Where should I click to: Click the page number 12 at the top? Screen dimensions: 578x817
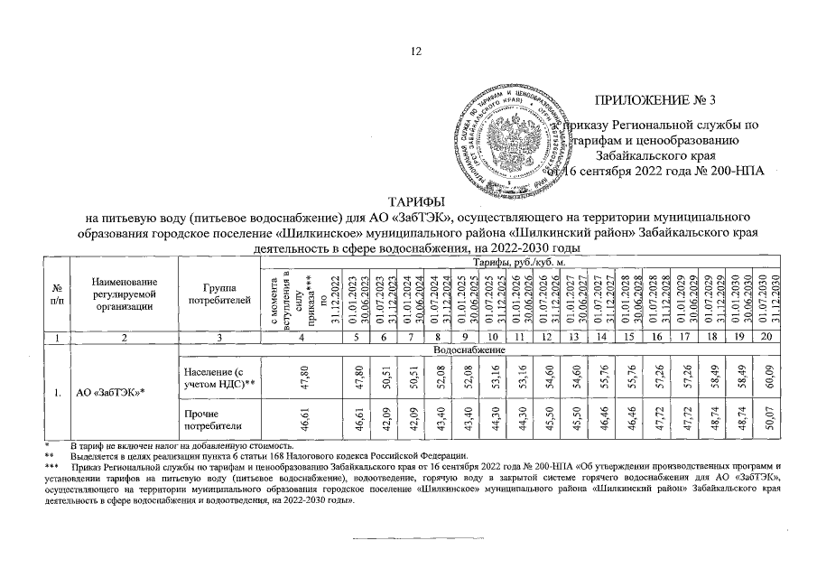tap(417, 51)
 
